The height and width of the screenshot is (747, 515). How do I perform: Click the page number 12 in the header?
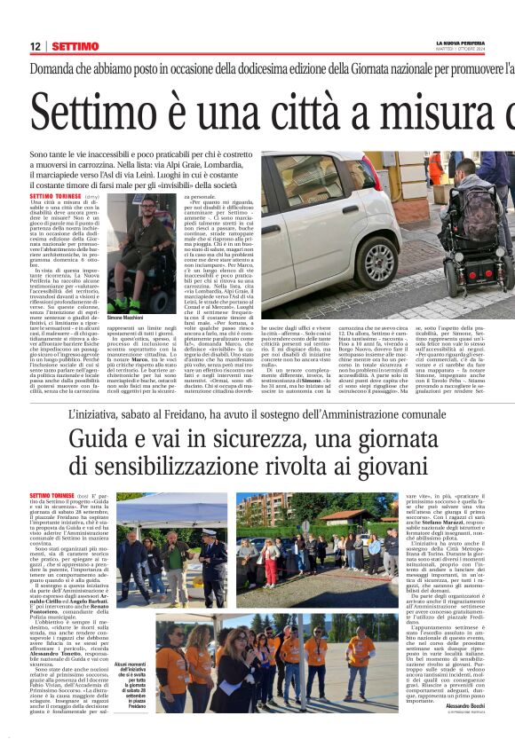point(36,46)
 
